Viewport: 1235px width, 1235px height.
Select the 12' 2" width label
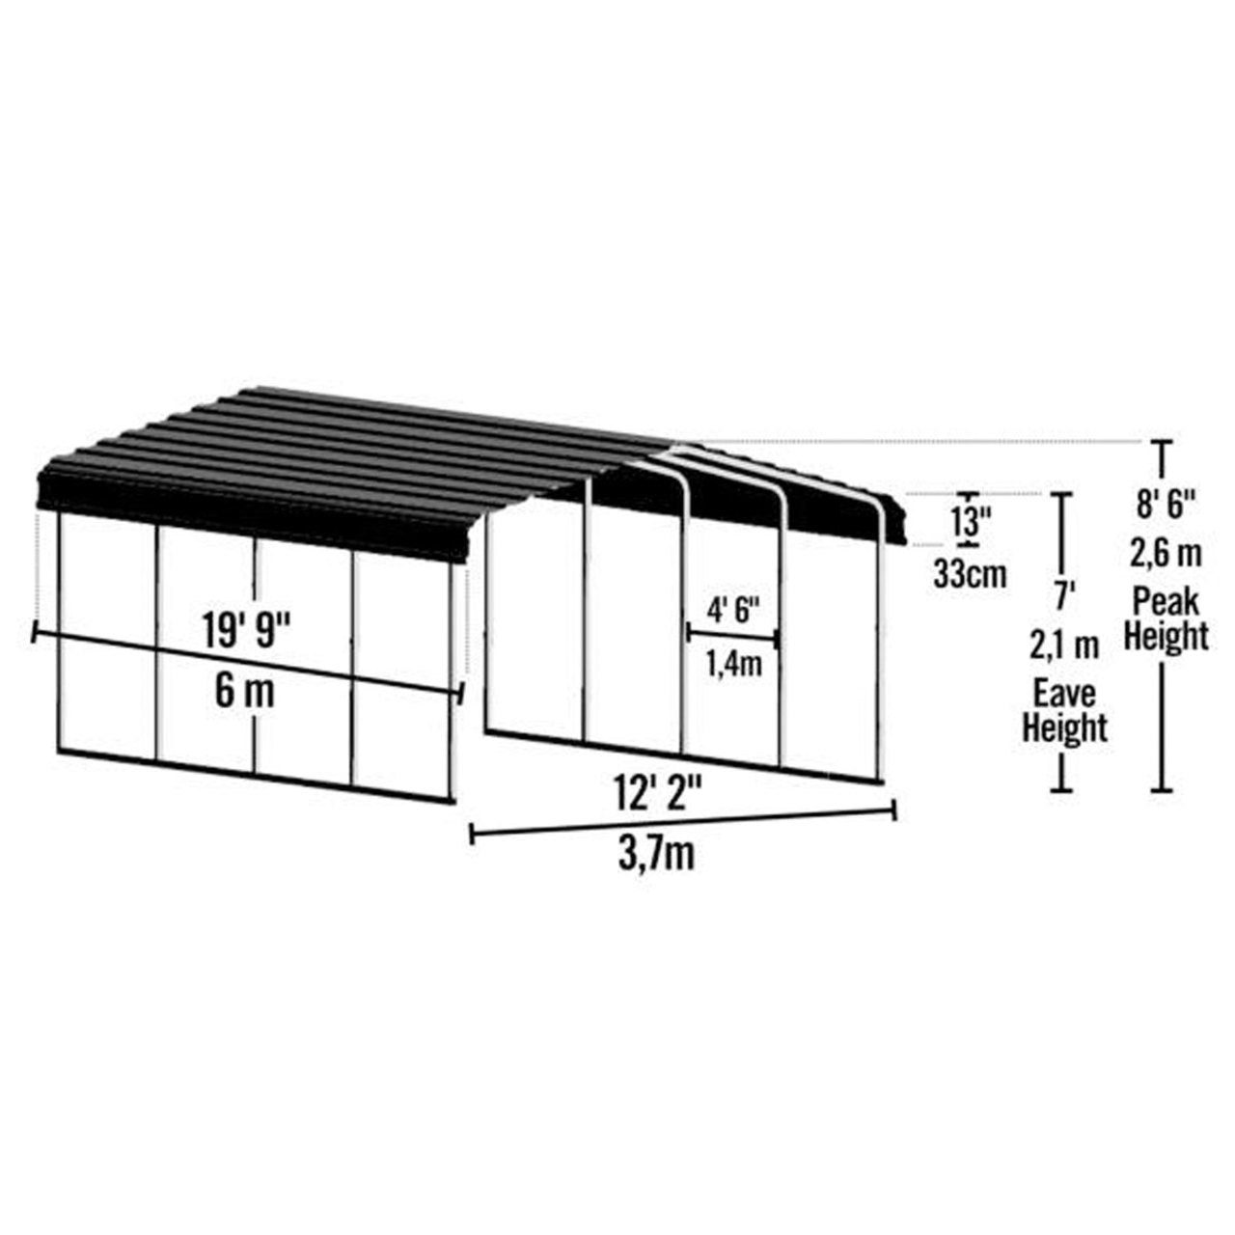656,796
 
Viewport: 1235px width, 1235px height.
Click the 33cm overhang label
969,575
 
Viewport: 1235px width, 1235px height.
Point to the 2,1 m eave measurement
1064,645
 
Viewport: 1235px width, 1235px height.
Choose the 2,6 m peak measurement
1166,554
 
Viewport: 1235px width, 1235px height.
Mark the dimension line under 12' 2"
683,822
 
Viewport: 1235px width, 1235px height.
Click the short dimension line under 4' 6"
732,635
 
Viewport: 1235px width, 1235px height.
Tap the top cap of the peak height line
1165,443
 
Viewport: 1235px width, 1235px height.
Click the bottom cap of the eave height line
1062,791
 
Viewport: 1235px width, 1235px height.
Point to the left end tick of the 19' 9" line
35,634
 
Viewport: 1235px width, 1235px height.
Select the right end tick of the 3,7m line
896,810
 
